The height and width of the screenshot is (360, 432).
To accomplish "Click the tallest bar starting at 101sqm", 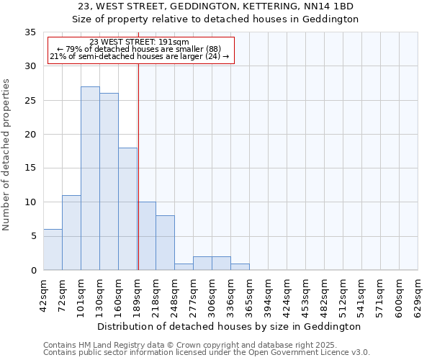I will point(90,179).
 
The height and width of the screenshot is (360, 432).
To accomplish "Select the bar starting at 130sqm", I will point(109,181).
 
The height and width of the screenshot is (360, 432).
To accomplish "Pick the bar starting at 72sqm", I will point(71,233).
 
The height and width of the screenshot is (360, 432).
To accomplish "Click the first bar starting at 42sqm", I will point(53,250).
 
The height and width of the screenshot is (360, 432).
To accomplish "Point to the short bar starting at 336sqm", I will point(240,266).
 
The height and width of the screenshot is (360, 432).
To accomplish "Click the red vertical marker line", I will point(138,166).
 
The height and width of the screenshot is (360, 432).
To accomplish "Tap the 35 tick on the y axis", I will point(31,32).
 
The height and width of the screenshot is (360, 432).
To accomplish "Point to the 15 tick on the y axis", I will point(31,168).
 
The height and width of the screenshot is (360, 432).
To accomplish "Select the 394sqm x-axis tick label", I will point(268,295).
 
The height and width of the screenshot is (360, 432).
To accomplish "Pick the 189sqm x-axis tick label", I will point(137,295).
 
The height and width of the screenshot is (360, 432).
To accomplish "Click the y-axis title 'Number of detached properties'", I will point(7,155).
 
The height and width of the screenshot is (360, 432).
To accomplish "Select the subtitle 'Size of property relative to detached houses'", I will point(215,19).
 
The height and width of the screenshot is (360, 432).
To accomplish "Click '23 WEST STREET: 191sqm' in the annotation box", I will point(140,42).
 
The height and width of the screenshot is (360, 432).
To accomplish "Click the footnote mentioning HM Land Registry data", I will point(207,345).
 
